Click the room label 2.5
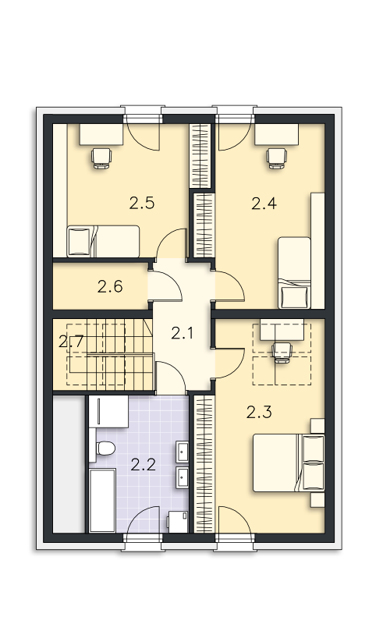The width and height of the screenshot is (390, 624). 141,204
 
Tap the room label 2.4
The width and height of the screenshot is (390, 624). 264,204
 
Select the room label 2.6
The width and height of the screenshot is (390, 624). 110,287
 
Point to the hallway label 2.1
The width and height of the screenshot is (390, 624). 182,335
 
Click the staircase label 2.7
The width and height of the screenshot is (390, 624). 71,341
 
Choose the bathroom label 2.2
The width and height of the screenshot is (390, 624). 143,466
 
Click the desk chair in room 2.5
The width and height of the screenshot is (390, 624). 101,158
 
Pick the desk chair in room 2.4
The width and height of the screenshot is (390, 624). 275,158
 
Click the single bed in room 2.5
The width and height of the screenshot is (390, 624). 102,241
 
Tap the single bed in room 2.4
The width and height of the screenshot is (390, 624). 293,273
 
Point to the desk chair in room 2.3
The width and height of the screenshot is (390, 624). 280,351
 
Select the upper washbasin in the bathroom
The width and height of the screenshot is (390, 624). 183,451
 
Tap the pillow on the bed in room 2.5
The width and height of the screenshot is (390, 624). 79,242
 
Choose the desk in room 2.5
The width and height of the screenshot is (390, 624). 101,134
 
